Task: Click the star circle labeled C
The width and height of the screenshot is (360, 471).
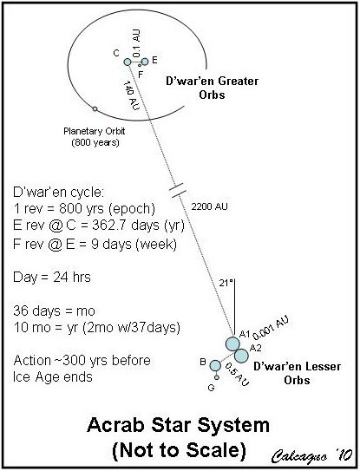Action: click(128, 62)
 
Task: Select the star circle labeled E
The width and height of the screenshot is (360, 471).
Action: click(145, 62)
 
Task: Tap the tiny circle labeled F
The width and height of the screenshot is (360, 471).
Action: click(140, 65)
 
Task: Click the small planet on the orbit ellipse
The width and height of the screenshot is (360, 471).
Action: click(95, 108)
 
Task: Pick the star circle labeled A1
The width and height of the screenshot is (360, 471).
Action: click(232, 344)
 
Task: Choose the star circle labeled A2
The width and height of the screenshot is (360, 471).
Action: click(241, 356)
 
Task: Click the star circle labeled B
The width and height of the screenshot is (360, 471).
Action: click(215, 366)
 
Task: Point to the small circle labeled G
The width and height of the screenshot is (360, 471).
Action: click(217, 377)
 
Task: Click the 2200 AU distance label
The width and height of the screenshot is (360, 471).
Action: click(209, 206)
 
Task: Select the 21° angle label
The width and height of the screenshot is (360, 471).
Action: click(226, 283)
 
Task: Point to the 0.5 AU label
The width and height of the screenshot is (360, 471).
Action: click(237, 375)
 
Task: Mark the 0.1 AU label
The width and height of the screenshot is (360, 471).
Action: click(136, 43)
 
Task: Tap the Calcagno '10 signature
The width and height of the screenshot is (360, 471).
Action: click(312, 456)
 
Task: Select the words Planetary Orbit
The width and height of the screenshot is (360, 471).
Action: click(94, 131)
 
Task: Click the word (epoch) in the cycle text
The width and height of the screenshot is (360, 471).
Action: click(132, 209)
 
